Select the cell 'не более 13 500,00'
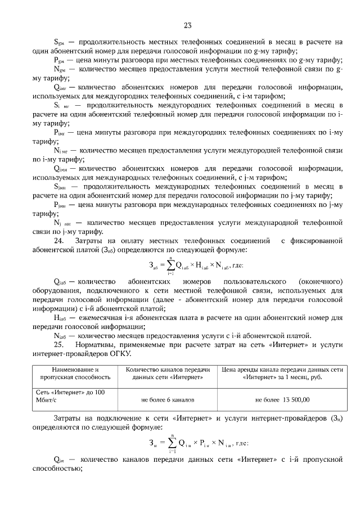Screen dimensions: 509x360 pos(282,400)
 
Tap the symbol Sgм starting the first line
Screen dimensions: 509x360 pos(60,42)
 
